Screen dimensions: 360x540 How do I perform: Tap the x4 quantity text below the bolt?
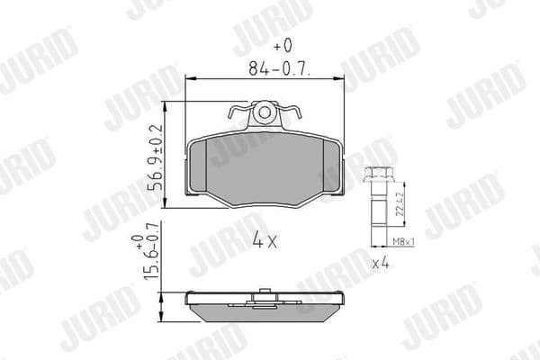(381, 264)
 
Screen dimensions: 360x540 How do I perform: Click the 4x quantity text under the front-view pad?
(266, 240)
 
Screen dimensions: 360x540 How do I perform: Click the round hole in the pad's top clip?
(265, 112)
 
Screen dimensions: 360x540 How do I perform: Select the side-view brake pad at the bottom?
(265, 306)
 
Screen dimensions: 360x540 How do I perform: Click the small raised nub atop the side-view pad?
(265, 291)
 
